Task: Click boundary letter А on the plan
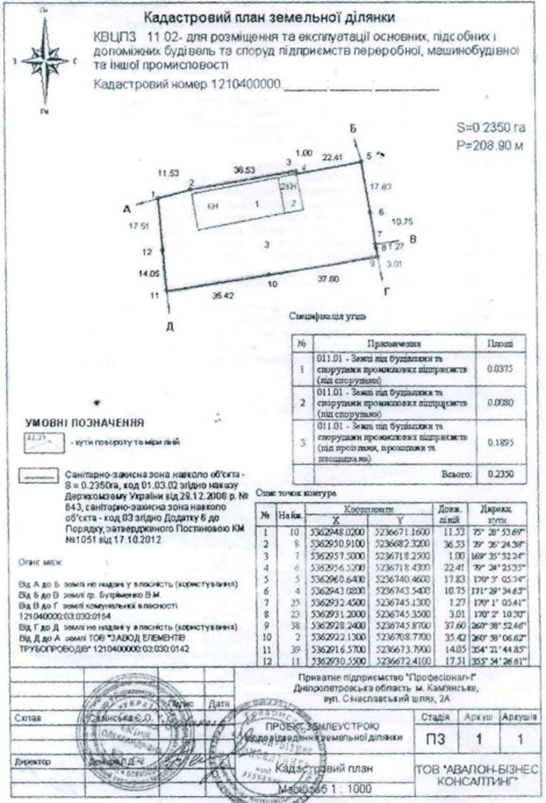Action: coord(127,209)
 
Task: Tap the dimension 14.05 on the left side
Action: coord(147,274)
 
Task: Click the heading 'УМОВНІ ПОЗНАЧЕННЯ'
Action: coord(84,423)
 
